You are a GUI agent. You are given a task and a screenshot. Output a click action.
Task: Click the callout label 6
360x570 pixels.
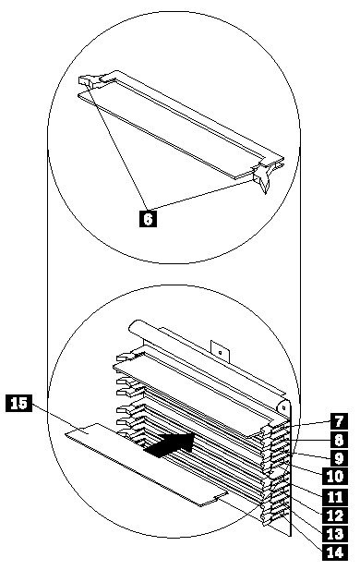point(149,218)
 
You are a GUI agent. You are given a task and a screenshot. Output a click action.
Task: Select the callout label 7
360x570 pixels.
point(339,421)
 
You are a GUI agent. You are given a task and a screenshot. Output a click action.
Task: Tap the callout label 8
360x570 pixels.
point(339,440)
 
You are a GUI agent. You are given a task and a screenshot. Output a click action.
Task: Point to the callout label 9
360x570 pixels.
point(339,458)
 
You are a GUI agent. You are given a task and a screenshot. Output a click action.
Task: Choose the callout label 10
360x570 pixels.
point(335,476)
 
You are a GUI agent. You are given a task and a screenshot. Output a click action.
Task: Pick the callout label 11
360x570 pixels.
point(335,497)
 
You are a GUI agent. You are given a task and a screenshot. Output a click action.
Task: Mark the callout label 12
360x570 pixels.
point(335,515)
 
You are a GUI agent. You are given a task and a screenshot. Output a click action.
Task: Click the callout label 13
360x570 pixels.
point(335,534)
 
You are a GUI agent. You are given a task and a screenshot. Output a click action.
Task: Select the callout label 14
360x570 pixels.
point(335,552)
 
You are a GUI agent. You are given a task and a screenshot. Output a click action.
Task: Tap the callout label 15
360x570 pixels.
point(18,404)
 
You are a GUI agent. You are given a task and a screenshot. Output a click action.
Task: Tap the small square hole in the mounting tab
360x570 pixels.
point(220,352)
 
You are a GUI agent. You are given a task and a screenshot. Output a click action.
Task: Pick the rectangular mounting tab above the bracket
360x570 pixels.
point(220,351)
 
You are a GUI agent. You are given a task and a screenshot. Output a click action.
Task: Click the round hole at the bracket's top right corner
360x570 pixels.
point(283,408)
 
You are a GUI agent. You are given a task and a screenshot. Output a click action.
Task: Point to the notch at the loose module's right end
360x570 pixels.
point(217,499)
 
